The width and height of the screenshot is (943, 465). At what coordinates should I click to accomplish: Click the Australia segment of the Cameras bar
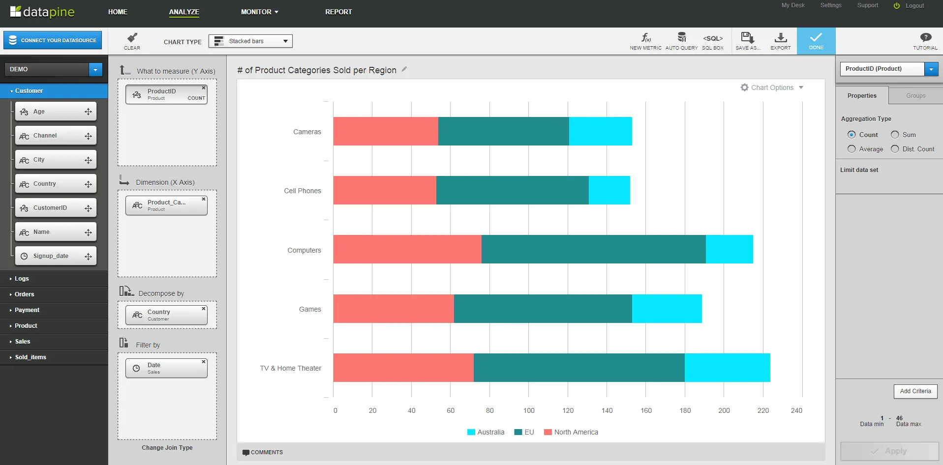point(600,131)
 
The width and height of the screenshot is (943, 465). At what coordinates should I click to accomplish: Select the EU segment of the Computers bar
point(593,249)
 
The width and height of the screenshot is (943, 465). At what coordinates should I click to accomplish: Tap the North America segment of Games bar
point(393,309)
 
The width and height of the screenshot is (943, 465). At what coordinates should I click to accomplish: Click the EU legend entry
point(524,432)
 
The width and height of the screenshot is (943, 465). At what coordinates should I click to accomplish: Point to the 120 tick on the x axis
point(568,410)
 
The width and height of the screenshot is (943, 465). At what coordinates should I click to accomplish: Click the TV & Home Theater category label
point(290,368)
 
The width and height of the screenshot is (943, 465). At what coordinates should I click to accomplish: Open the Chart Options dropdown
point(772,87)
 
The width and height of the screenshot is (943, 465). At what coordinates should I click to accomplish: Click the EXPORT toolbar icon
point(780,40)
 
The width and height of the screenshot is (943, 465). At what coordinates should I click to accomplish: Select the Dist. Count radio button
point(895,149)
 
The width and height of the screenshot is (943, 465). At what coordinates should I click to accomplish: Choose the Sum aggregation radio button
point(895,135)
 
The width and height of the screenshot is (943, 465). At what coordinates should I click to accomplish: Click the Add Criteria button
point(915,391)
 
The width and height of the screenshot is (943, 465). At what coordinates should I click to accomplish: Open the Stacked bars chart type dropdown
point(250,41)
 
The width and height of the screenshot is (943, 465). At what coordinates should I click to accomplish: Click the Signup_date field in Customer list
point(51,256)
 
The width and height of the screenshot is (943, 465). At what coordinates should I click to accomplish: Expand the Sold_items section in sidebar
point(30,357)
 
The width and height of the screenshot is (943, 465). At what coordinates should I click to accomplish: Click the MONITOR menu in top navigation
point(259,12)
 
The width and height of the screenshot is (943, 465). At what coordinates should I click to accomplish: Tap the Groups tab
point(915,96)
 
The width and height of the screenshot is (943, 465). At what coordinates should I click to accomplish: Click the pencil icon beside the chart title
point(404,69)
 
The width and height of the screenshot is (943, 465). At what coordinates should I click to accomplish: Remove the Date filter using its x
point(204,362)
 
